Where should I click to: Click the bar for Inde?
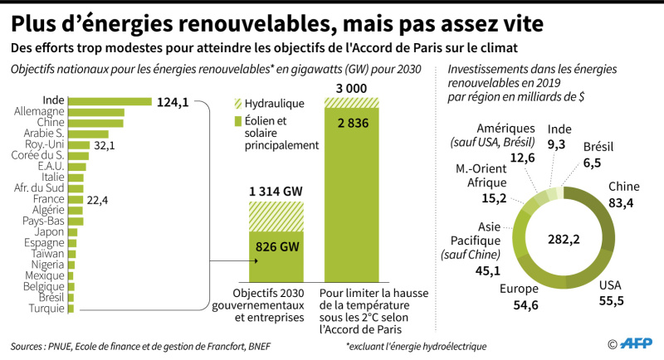pyautogui.click(x=110, y=101)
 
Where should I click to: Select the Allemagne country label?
pyautogui.click(x=39, y=111)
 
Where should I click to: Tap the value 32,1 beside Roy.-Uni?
pyautogui.click(x=105, y=145)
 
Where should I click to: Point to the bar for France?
pyautogui.click(x=76, y=200)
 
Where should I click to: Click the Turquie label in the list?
pyautogui.click(x=46, y=309)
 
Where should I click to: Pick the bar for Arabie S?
pyautogui.click(x=89, y=134)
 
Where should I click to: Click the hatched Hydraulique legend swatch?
pyautogui.click(x=238, y=104)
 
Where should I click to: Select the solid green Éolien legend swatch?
pyautogui.click(x=238, y=121)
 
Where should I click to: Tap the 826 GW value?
pyautogui.click(x=277, y=246)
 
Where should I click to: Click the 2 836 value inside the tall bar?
pyautogui.click(x=354, y=123)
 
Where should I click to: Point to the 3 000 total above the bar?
pyautogui.click(x=351, y=89)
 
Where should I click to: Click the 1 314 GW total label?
pyautogui.click(x=276, y=192)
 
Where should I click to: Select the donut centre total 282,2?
pyautogui.click(x=564, y=240)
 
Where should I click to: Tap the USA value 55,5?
pyautogui.click(x=611, y=301)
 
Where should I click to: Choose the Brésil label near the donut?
pyautogui.click(x=598, y=147)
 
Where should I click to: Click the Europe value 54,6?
pyautogui.click(x=525, y=305)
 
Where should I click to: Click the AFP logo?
pyautogui.click(x=636, y=343)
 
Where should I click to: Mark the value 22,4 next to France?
pyautogui.click(x=97, y=200)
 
